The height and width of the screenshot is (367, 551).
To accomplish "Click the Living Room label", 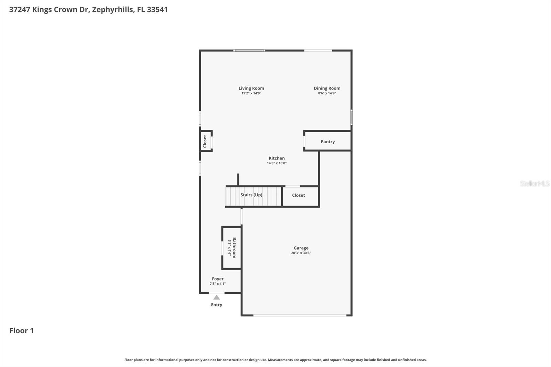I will pyautogui.click(x=251, y=88).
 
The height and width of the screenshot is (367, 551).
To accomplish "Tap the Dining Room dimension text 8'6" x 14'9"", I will pyautogui.click(x=327, y=93).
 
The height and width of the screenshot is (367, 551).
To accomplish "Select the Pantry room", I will pyautogui.click(x=328, y=141).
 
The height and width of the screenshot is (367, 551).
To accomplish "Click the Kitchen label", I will pyautogui.click(x=277, y=158).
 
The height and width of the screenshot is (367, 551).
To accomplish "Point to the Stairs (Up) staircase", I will pyautogui.click(x=253, y=196).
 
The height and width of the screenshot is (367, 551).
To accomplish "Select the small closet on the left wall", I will pyautogui.click(x=206, y=141).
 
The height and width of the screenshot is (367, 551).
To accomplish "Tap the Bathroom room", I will pyautogui.click(x=232, y=248).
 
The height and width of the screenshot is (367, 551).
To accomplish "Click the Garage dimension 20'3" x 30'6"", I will pyautogui.click(x=301, y=253).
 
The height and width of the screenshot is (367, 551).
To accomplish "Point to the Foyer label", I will pyautogui.click(x=218, y=279).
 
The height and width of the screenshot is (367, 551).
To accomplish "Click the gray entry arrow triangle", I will pyautogui.click(x=216, y=297).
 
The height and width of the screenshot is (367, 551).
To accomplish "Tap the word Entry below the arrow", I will pyautogui.click(x=216, y=305).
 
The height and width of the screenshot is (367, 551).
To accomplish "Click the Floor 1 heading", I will pyautogui.click(x=21, y=331).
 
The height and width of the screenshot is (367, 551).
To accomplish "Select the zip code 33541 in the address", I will pyautogui.click(x=157, y=10).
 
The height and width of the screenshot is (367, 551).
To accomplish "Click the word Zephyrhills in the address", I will pyautogui.click(x=112, y=10).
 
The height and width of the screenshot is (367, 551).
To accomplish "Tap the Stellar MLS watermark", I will pyautogui.click(x=534, y=183).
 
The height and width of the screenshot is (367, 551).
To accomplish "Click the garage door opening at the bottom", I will pyautogui.click(x=300, y=315).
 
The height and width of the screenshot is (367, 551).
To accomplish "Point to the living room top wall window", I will pyautogui.click(x=249, y=51).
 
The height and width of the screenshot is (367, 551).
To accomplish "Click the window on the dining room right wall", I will pyautogui.click(x=351, y=117).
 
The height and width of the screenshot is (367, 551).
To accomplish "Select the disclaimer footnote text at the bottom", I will pyautogui.click(x=275, y=360).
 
